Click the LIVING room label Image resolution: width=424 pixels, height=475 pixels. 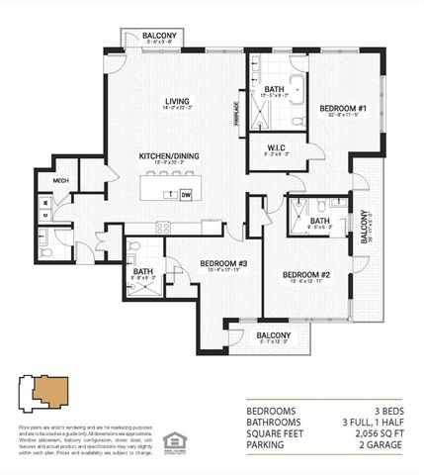(x=178, y=100)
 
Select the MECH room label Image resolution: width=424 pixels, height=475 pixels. (x=61, y=181)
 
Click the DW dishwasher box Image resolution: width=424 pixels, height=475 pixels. (x=186, y=195)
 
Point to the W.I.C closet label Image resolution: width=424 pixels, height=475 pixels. (x=276, y=149)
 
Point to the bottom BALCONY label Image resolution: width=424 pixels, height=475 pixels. (x=274, y=335)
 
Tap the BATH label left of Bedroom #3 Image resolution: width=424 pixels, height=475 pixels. (x=143, y=271)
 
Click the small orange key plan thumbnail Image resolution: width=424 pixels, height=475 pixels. (x=45, y=393)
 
